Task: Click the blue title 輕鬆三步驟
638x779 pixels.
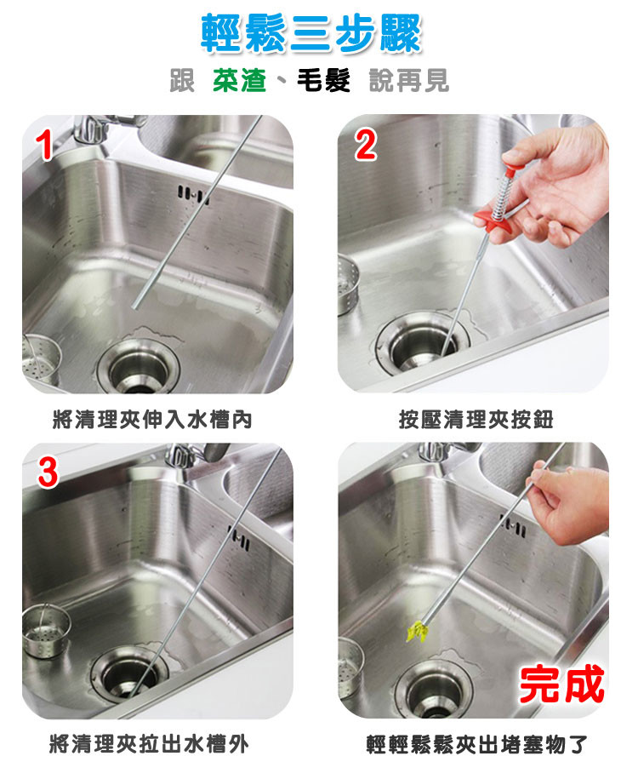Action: point(311,34)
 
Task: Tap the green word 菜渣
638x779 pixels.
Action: point(239,80)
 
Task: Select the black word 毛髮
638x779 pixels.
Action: point(324,80)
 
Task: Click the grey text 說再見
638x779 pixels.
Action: point(409,81)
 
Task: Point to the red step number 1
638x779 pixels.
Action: point(45,146)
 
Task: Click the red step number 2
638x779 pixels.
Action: point(366,145)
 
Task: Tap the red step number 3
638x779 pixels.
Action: point(48,473)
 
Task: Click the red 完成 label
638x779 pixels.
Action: point(561,684)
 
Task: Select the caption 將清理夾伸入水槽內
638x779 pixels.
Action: point(152,420)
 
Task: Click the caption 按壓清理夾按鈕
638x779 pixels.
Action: point(476,420)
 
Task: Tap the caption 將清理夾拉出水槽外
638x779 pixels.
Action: point(149,744)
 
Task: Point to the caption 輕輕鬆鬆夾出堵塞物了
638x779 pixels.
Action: point(476,744)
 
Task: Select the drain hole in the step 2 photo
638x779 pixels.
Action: point(423,343)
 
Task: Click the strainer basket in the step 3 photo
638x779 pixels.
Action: point(45,631)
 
